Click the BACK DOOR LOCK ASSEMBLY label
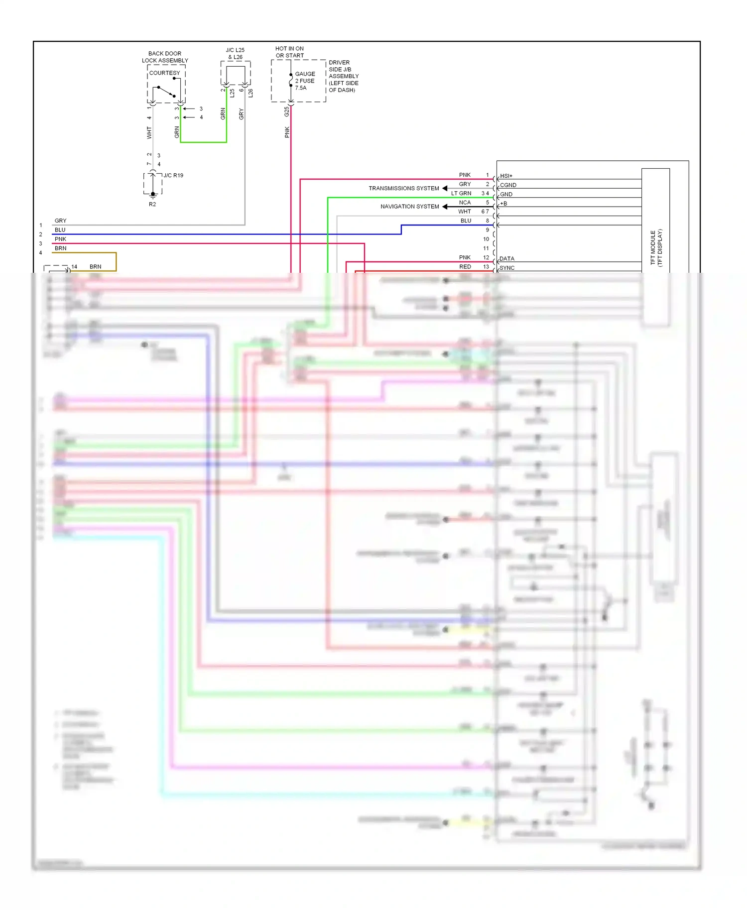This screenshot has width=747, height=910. (165, 57)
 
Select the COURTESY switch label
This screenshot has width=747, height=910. (165, 73)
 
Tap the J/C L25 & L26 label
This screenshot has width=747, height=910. (235, 53)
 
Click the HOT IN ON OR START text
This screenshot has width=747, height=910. (289, 52)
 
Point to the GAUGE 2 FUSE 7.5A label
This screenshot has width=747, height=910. (305, 81)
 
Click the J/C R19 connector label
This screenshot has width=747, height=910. (173, 175)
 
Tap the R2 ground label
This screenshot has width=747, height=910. (152, 204)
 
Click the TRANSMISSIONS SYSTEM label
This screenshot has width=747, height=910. (403, 188)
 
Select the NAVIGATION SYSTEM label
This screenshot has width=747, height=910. (409, 206)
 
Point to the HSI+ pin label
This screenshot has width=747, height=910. (506, 176)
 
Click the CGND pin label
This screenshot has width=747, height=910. (508, 185)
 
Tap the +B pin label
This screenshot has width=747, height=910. (503, 203)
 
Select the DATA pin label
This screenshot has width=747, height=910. (506, 258)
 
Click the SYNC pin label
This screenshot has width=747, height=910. (507, 267)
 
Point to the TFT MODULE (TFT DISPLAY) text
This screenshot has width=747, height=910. (656, 247)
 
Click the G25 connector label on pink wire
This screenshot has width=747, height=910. (287, 112)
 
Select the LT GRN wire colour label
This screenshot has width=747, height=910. (461, 193)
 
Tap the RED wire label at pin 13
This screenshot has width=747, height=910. (465, 267)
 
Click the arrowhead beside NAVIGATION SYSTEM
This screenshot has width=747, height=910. (445, 206)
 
